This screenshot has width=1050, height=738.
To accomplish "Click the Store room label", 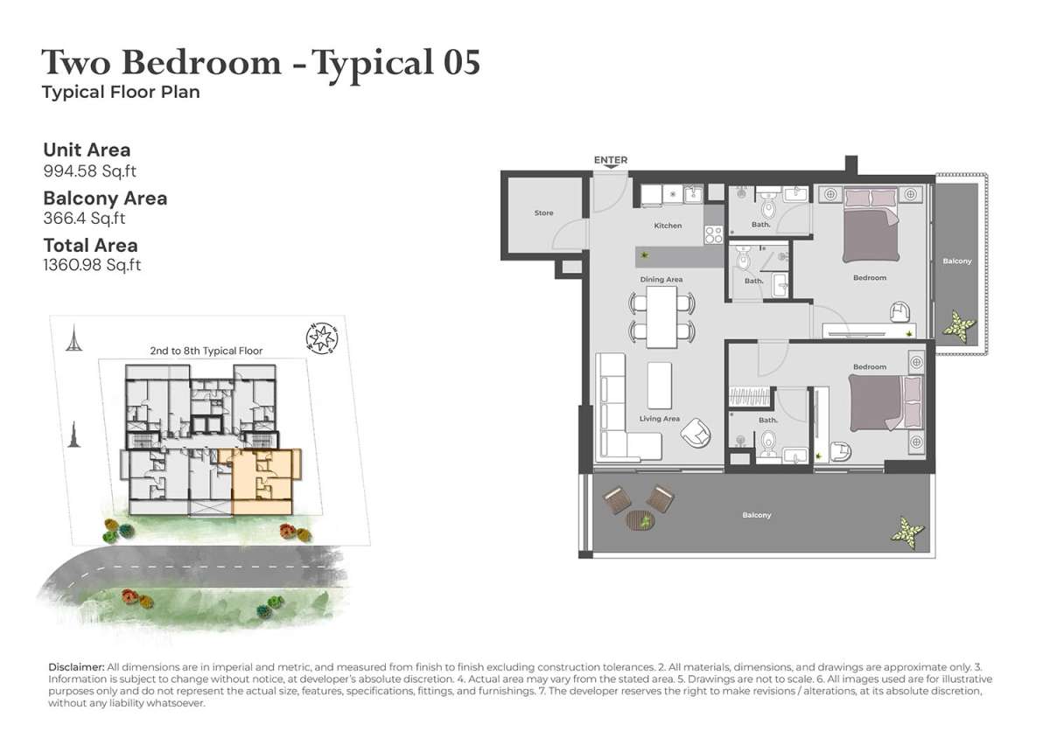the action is pyautogui.click(x=543, y=213).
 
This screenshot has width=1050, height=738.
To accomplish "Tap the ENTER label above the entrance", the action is pyautogui.click(x=611, y=160).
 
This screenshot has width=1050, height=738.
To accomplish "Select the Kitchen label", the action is pyautogui.click(x=668, y=226).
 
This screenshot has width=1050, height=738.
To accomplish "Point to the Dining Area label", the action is pyautogui.click(x=661, y=280).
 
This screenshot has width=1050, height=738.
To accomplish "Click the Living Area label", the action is pyautogui.click(x=659, y=419).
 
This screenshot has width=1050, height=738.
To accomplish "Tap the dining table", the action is pyautogui.click(x=661, y=317).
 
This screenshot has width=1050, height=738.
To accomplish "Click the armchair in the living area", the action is pyautogui.click(x=696, y=434).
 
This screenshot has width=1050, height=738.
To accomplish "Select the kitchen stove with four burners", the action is pyautogui.click(x=713, y=235).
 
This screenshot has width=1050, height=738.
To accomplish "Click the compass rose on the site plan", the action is pyautogui.click(x=322, y=338).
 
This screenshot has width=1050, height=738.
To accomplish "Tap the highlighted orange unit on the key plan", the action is pyautogui.click(x=262, y=480).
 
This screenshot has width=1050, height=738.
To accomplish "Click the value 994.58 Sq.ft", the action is pyautogui.click(x=89, y=171).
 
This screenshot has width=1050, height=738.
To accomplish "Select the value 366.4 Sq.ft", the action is pyautogui.click(x=84, y=219).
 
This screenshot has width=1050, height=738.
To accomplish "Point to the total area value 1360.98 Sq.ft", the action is pyautogui.click(x=92, y=265).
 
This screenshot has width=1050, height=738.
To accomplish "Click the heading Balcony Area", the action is pyautogui.click(x=105, y=198).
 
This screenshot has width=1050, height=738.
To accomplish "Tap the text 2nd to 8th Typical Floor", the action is pyautogui.click(x=206, y=351).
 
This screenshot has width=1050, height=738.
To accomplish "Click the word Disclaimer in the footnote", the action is pyautogui.click(x=76, y=667).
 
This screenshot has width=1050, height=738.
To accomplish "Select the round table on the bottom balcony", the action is pyautogui.click(x=640, y=520).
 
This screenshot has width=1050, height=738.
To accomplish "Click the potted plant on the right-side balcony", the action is pyautogui.click(x=959, y=324).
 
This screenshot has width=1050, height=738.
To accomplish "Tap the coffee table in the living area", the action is pyautogui.click(x=660, y=385).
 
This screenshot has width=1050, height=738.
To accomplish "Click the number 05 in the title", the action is pyautogui.click(x=461, y=63).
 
